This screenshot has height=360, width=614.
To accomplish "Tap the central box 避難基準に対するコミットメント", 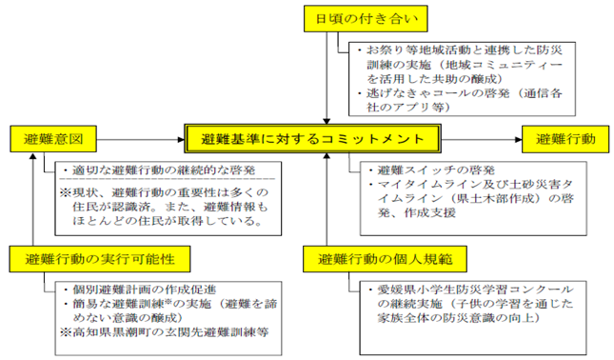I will click(312, 139).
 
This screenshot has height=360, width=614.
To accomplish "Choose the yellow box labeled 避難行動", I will click(564, 139).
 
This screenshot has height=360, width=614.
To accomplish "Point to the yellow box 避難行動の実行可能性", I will click(92, 258).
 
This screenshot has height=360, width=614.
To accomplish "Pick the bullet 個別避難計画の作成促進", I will click(142, 289).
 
